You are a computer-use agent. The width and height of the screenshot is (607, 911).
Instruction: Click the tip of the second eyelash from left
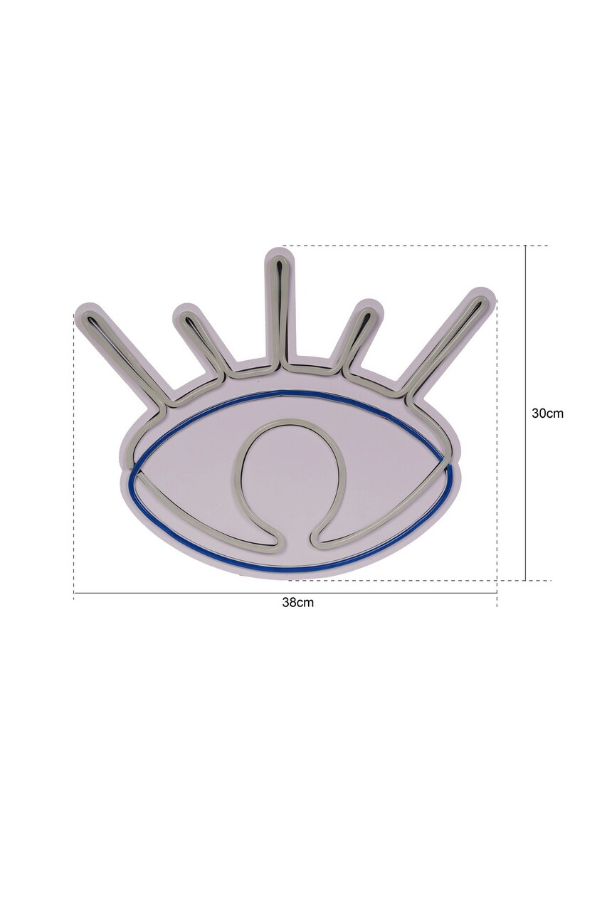coord(186,315)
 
